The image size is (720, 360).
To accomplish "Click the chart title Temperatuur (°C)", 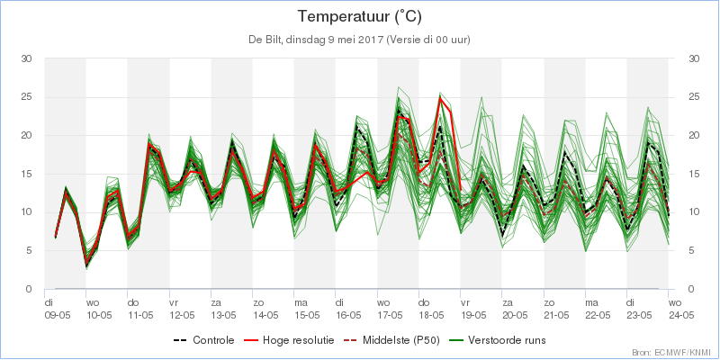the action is coord(359,17).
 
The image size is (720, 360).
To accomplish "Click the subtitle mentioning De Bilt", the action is coord(359,40).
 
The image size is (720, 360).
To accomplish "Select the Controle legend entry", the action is coord(204,340).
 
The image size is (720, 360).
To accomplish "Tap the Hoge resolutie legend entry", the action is coord(288,340).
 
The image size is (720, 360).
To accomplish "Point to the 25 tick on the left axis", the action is coord(26,97).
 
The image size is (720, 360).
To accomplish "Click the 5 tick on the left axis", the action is coord(29,251).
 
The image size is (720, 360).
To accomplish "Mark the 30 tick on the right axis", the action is coord(694,58).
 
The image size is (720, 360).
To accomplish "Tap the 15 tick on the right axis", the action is coord(694,174).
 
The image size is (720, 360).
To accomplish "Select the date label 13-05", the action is coord(223,315).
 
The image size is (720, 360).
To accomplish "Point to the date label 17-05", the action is coord(391,315).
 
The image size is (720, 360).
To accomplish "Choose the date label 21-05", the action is coord(557,315).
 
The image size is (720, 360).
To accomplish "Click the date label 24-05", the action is coord(681,315).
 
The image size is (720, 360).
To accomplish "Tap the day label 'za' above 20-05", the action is coord(508,303).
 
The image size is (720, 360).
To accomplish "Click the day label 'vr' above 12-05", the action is coord(174,303).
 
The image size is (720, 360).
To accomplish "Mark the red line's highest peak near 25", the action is coord(440,97).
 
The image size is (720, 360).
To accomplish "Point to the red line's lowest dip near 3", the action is coord(85,265).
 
